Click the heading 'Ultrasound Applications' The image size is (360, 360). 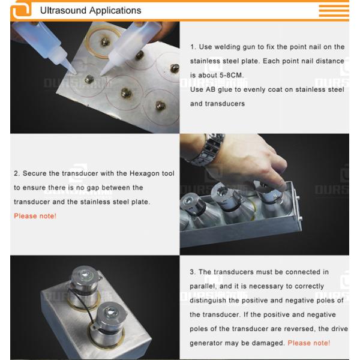90,10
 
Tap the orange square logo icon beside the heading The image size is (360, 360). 21,10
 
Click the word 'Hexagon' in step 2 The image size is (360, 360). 145,173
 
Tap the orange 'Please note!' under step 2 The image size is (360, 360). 35,215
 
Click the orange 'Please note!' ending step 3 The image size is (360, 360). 308,343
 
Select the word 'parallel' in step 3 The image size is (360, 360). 205,286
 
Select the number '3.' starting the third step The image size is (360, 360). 193,272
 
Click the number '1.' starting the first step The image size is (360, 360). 193,47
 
